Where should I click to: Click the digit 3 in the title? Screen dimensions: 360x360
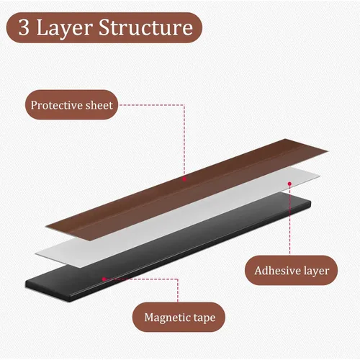24,27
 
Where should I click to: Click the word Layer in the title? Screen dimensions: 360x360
65,29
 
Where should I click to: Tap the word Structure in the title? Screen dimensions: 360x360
146,27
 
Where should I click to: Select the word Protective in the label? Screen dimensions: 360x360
57,105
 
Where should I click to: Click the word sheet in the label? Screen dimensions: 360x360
99,105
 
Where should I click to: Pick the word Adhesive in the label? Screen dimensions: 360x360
277,271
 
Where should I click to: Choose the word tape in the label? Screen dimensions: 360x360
204,318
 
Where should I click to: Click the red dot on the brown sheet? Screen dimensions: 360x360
184,179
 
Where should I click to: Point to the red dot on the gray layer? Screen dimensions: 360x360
289,184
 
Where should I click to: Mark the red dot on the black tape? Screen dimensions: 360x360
104,279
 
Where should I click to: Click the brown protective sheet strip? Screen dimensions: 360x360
187,189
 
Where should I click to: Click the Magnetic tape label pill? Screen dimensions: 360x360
179,318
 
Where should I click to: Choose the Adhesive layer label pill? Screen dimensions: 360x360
291,271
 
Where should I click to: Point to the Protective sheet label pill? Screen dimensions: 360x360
71,105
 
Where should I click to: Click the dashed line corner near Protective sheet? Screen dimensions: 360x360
184,105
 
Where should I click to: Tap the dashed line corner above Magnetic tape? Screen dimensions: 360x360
178,279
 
